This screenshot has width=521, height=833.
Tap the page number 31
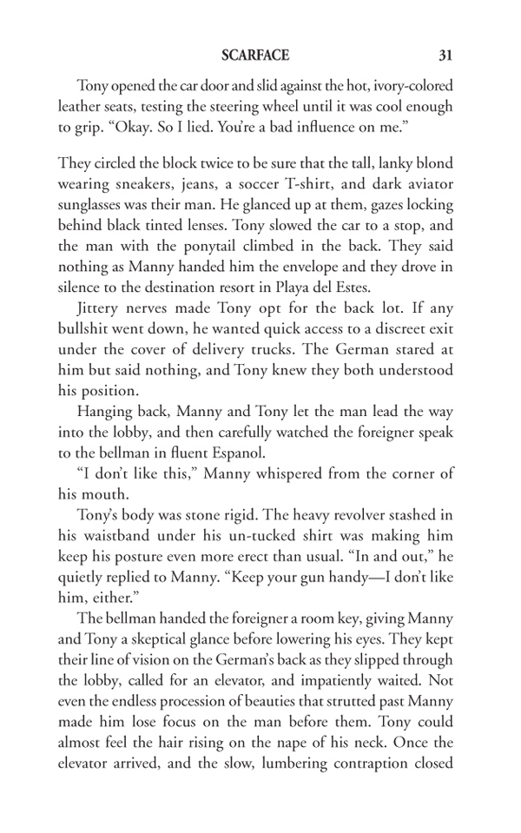point(445,56)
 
